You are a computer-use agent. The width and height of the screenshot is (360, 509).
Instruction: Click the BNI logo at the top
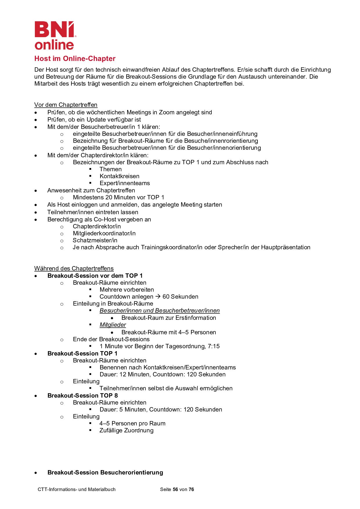pyautogui.click(x=55, y=35)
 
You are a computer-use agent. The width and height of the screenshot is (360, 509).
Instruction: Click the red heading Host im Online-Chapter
pyautogui.click(x=75, y=59)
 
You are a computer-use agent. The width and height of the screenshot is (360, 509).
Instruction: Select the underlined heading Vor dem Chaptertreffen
pyautogui.click(x=66, y=105)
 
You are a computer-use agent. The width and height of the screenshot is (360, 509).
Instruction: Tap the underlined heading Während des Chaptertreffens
pyautogui.click(x=74, y=268)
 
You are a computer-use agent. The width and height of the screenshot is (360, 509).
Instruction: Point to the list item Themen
pyautogui.click(x=111, y=169)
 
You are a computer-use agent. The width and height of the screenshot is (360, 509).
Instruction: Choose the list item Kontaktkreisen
pyautogui.click(x=119, y=176)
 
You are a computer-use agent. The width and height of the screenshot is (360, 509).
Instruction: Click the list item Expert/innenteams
pyautogui.click(x=125, y=183)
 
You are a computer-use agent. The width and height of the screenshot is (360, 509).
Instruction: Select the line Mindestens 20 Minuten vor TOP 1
pyautogui.click(x=118, y=197)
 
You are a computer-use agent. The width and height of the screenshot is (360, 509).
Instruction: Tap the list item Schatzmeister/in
pyautogui.click(x=95, y=240)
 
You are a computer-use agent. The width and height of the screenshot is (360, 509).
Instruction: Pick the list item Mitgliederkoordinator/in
pyautogui.click(x=104, y=233)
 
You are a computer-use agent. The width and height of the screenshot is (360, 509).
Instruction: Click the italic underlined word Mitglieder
pyautogui.click(x=113, y=325)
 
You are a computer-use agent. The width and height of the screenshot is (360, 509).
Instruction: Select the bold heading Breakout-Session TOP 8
pyautogui.click(x=82, y=396)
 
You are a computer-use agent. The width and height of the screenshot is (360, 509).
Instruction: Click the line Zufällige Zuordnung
pyautogui.click(x=126, y=430)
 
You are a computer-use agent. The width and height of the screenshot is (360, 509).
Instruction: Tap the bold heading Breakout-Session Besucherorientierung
pyautogui.click(x=105, y=472)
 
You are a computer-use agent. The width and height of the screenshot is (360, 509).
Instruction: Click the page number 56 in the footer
pyautogui.click(x=175, y=489)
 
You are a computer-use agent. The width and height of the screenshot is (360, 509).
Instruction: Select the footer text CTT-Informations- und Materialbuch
pyautogui.click(x=77, y=489)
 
